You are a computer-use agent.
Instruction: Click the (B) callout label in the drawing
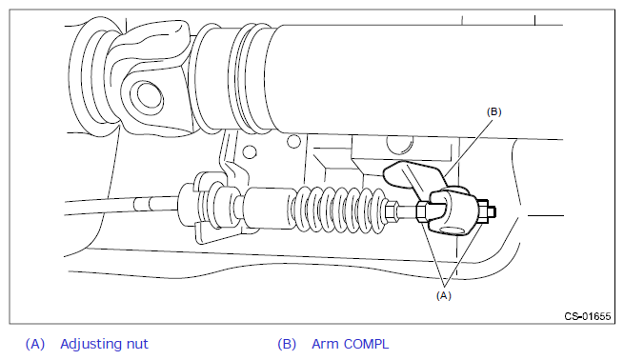coord(493,111)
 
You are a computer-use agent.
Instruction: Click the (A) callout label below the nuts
coord(444,295)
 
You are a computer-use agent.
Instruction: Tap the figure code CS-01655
coord(588,316)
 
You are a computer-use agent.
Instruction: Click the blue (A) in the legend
coord(35,344)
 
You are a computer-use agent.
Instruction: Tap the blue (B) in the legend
coord(287,344)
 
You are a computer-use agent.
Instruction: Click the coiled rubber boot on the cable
coord(340,209)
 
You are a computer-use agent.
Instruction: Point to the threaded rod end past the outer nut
coord(493,211)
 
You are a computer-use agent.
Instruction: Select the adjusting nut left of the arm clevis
coord(422,210)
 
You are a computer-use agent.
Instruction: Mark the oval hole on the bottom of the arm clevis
coord(453,230)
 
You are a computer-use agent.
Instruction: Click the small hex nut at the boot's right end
coord(392,210)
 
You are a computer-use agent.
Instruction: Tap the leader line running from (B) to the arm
coord(469,147)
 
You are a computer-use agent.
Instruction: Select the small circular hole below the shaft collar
coord(250,151)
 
